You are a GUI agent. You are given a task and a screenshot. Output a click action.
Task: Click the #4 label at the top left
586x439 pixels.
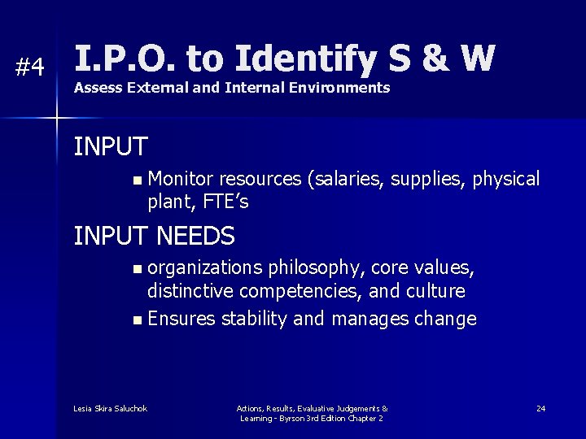click(30, 67)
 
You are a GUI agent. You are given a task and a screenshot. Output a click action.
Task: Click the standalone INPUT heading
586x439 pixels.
click(111, 147)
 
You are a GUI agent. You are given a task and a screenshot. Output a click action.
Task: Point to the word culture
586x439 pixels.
click(438, 290)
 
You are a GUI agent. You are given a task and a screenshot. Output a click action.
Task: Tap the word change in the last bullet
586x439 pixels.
click(447, 319)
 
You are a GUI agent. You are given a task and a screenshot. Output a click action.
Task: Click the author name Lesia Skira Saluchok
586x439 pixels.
click(110, 408)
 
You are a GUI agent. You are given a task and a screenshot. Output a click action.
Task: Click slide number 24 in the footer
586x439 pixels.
click(540, 408)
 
